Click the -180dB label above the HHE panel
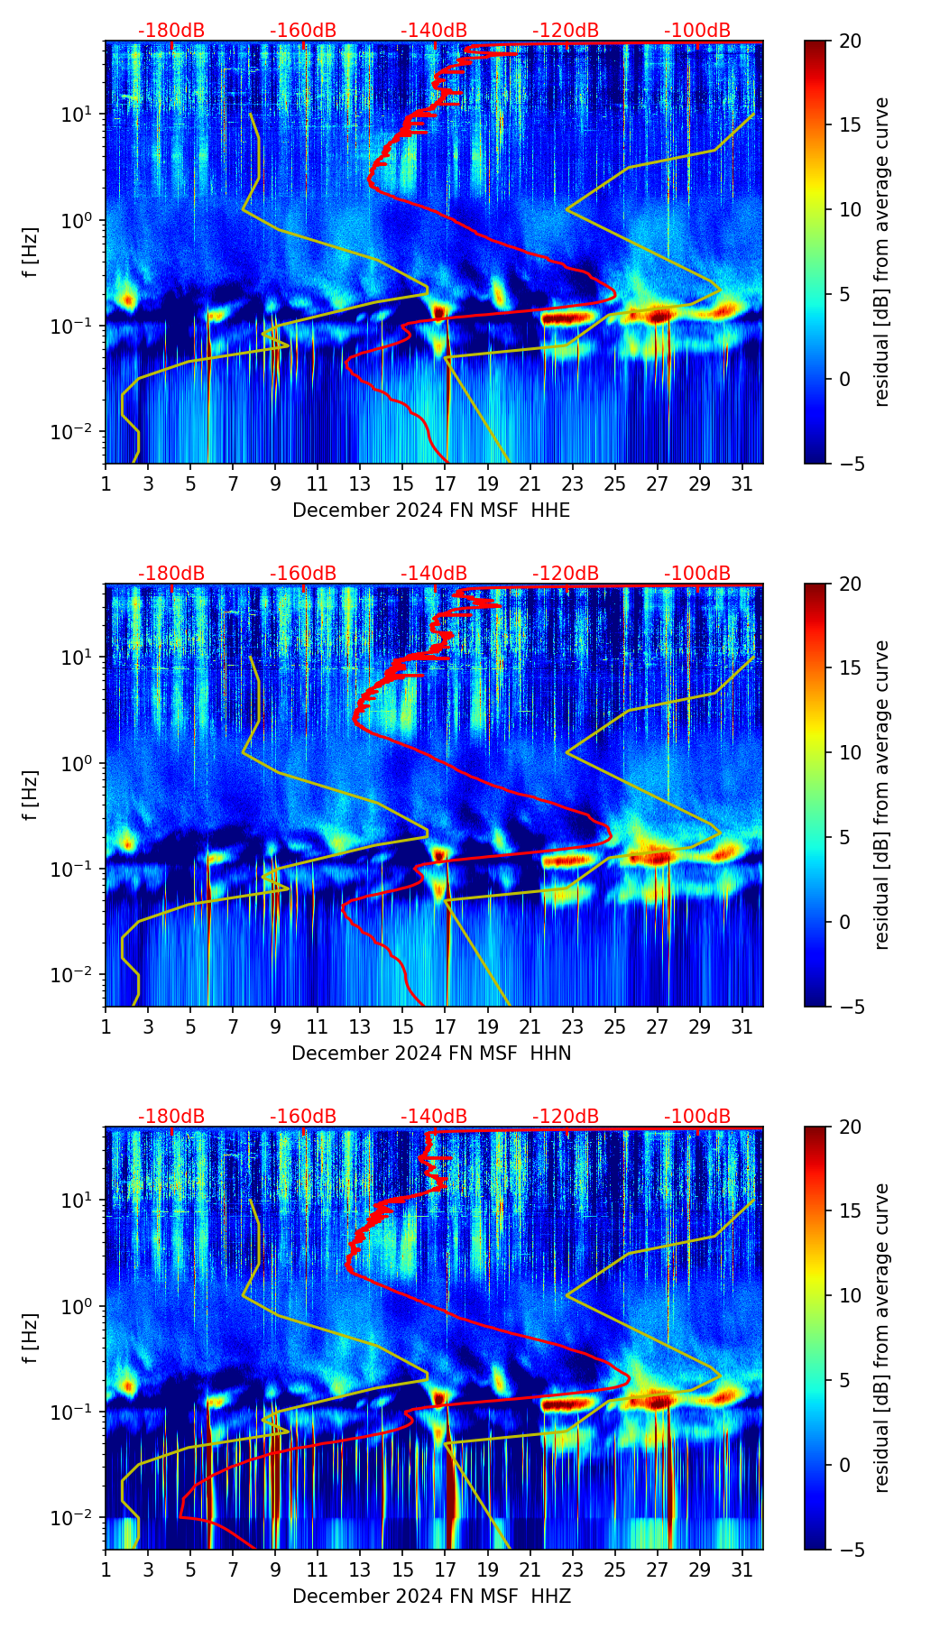[171, 31]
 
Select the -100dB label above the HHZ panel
[697, 1117]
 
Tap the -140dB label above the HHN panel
[434, 574]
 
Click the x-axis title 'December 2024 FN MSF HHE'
[431, 511]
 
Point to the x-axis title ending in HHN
[431, 1054]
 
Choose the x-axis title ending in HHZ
[431, 1597]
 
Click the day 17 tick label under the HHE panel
[445, 483]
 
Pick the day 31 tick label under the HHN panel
[742, 1026]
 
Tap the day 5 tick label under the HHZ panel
[190, 1569]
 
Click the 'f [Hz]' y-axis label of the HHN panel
[31, 795]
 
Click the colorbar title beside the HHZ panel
[882, 1338]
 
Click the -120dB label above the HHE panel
[566, 31]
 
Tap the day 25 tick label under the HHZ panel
[614, 1569]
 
